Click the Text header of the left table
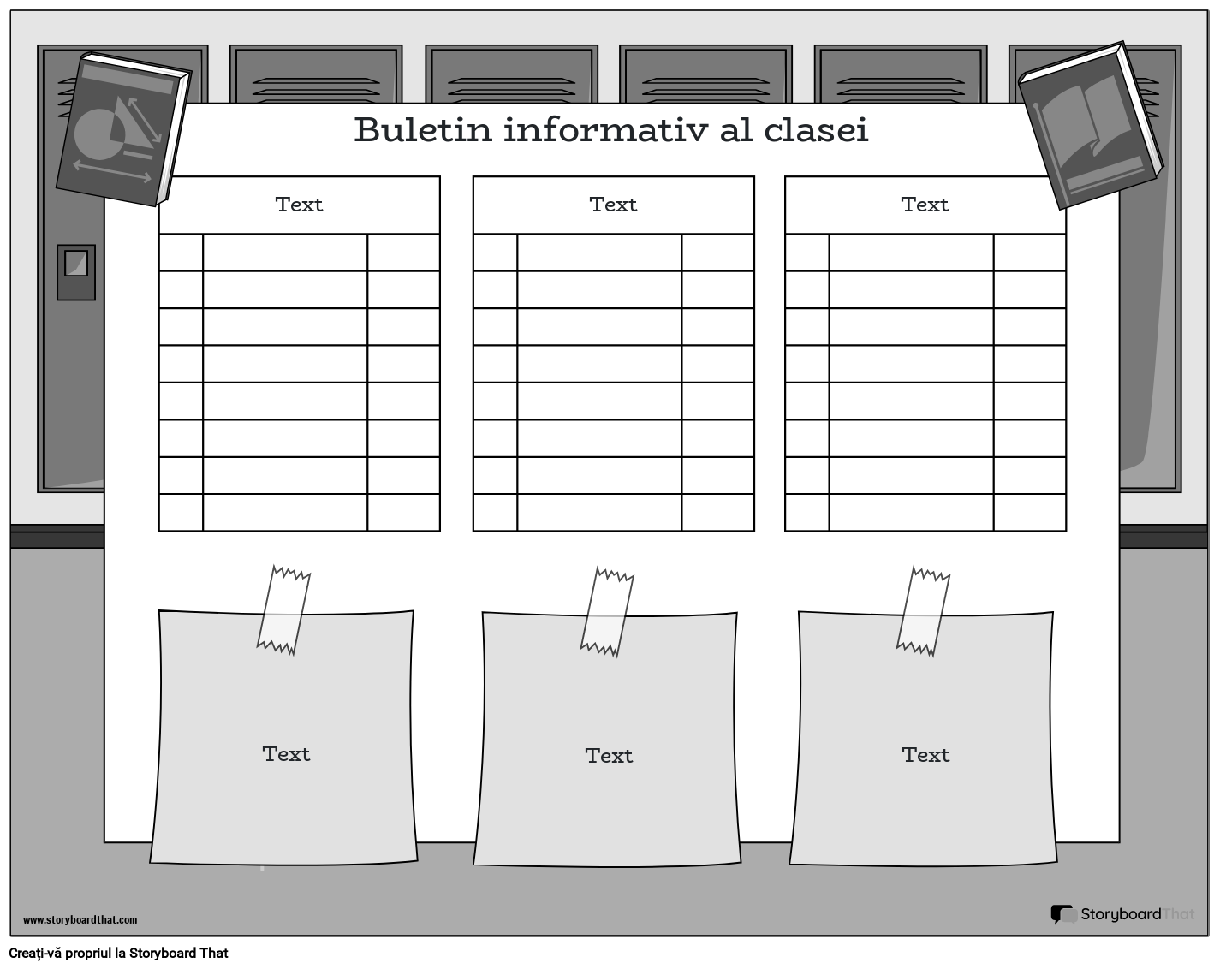click(x=299, y=205)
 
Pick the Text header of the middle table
click(x=613, y=205)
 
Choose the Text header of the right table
click(x=925, y=205)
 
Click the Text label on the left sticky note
click(x=286, y=754)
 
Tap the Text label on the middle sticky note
click(x=609, y=756)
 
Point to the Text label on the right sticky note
click(x=925, y=755)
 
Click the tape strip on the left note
click(x=283, y=609)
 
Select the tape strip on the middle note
click(x=606, y=611)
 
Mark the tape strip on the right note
click(x=922, y=611)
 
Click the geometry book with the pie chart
click(x=122, y=129)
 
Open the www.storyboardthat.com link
click(x=80, y=920)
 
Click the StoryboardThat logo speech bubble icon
click(x=1062, y=914)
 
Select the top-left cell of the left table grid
click(x=181, y=253)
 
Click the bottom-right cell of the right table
click(x=1029, y=512)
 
